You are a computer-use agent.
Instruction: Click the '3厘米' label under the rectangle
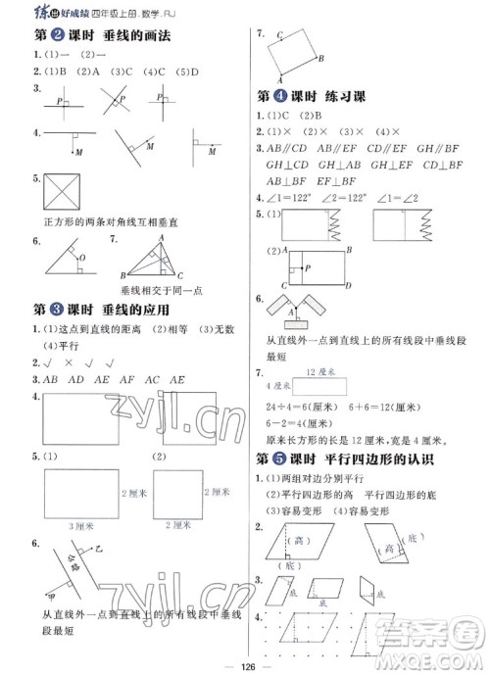tap(81, 526)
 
